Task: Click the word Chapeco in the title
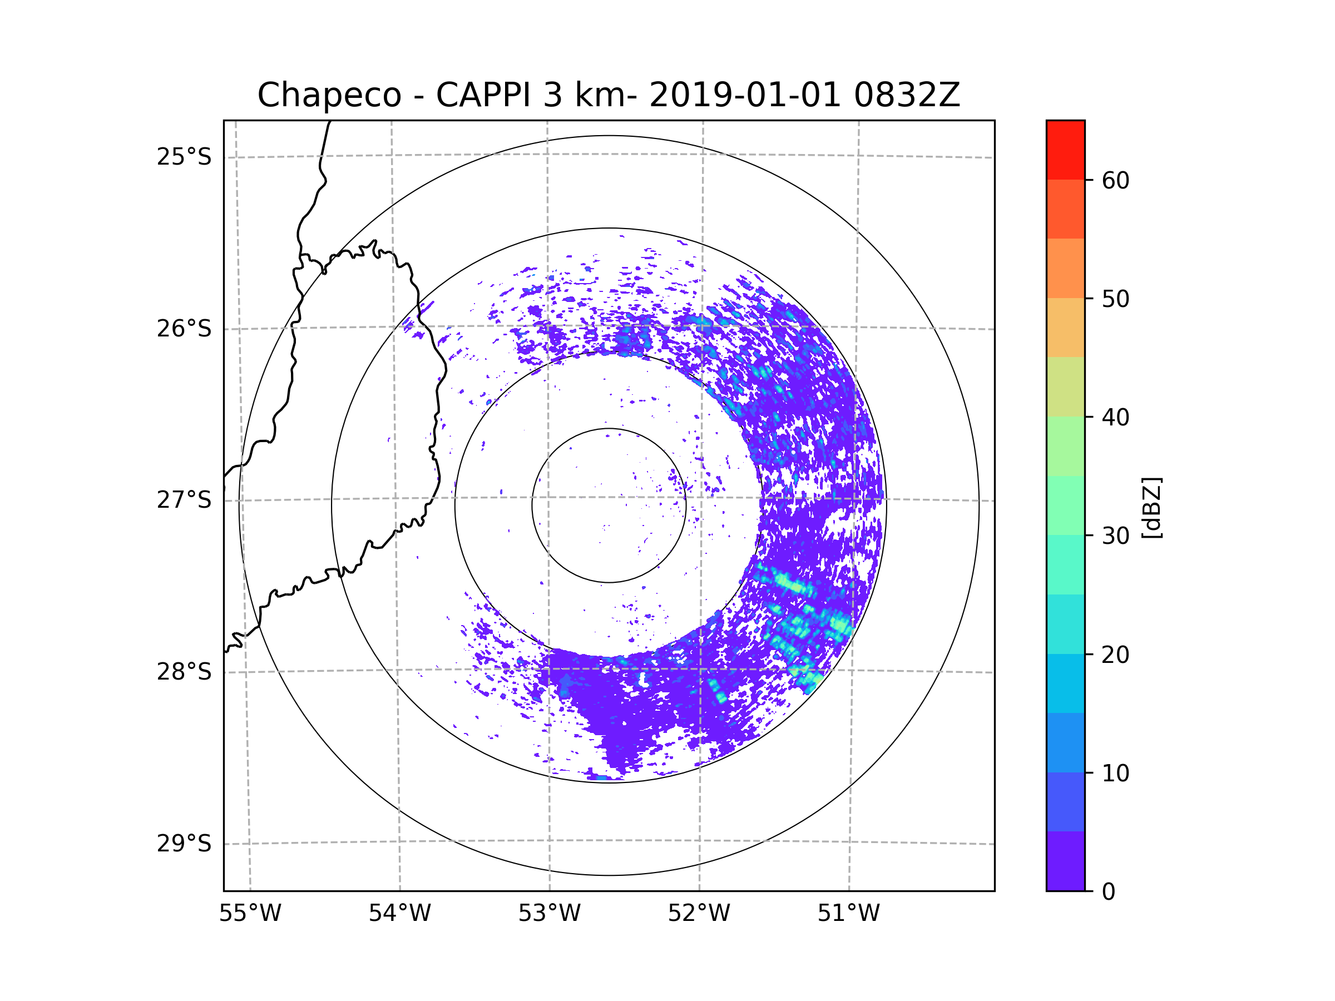click(x=329, y=95)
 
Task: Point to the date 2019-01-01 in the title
click(x=744, y=95)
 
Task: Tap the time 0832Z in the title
click(x=907, y=95)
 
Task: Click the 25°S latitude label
click(x=184, y=157)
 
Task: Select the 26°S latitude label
click(x=184, y=329)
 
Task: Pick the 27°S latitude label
click(x=184, y=500)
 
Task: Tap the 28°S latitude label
click(x=184, y=672)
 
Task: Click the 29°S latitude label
click(x=184, y=844)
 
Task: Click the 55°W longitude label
click(x=250, y=914)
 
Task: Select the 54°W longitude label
click(x=399, y=914)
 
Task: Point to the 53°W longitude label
click(x=549, y=914)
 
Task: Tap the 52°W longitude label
click(x=699, y=914)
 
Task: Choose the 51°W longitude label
click(x=848, y=914)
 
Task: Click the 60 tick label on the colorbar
click(x=1115, y=180)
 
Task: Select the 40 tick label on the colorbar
click(x=1115, y=417)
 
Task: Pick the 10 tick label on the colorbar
click(x=1115, y=773)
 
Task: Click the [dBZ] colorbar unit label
click(x=1151, y=507)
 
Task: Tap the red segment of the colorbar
click(x=1065, y=150)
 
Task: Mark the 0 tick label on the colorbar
click(x=1109, y=892)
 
